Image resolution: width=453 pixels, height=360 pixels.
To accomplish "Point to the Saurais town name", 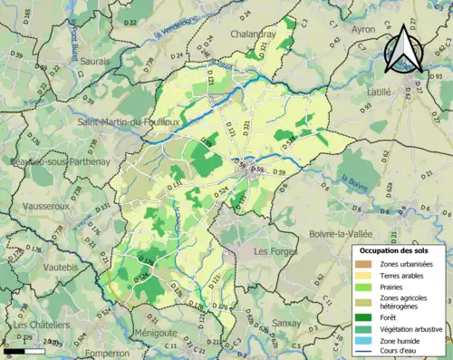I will point(94,61).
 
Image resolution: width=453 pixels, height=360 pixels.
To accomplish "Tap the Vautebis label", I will point(35,268).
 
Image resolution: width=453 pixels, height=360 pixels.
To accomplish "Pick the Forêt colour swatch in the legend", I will point(369,316).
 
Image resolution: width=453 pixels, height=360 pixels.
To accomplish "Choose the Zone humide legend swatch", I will point(369,341).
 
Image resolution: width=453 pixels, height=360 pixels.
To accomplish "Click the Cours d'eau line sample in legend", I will point(369,353).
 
